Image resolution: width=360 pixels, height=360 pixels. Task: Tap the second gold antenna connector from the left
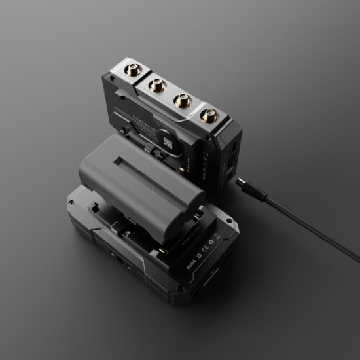click(x=157, y=83)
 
